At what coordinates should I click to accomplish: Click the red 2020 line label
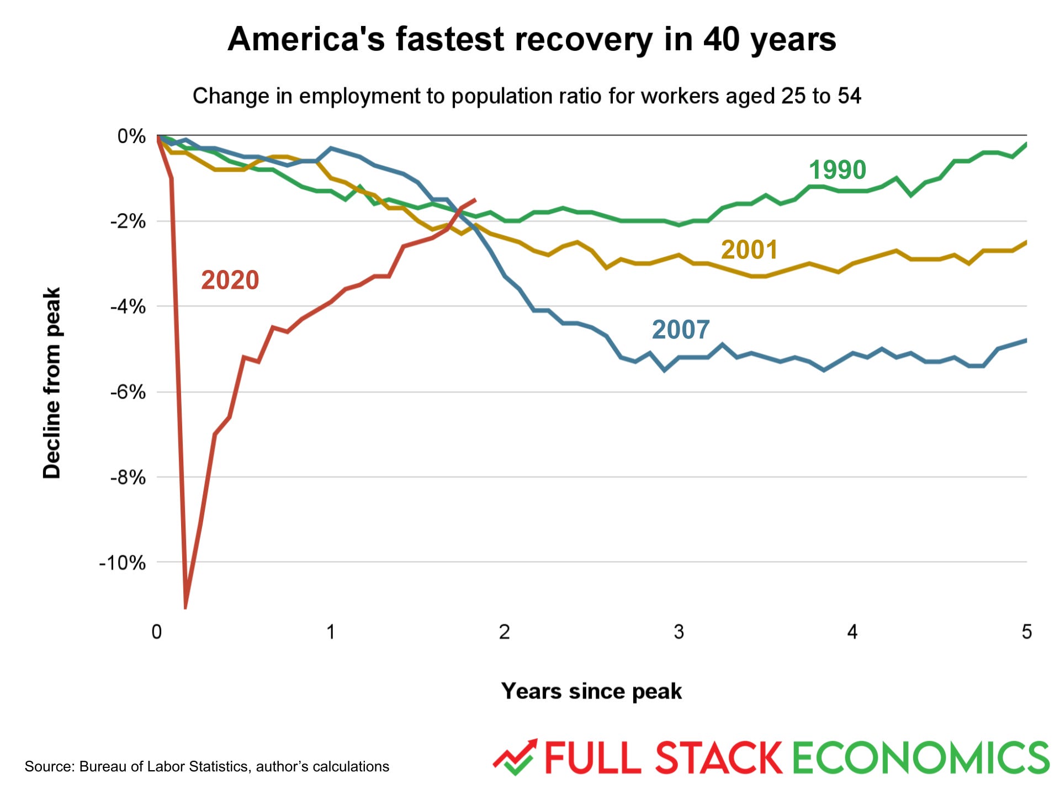pos(230,280)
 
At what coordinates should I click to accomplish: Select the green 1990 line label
pos(837,169)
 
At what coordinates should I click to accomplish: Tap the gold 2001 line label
pos(749,250)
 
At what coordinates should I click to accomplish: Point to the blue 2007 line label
pos(680,330)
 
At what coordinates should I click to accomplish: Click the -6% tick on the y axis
pos(128,393)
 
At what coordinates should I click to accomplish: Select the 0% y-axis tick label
pos(131,136)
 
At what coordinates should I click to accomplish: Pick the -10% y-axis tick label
pos(123,563)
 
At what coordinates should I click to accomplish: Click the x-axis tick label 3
pos(679,632)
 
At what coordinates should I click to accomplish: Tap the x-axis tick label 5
pos(1026,632)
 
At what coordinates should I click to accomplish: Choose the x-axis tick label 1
pos(331,632)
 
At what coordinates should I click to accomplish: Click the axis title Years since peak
pos(591,691)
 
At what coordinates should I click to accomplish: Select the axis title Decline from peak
pos(52,383)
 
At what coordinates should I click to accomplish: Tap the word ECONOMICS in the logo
pos(920,758)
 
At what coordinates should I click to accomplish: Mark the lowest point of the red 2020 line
pos(185,607)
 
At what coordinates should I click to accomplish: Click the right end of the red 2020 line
pos(475,200)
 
